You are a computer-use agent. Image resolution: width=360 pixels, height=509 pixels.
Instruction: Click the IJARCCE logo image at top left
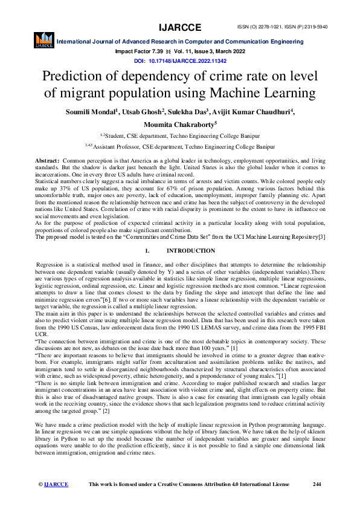[43, 41]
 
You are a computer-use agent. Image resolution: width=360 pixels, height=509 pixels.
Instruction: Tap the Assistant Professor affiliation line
[179, 146]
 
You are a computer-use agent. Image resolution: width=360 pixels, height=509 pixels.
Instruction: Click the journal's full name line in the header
[180, 42]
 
